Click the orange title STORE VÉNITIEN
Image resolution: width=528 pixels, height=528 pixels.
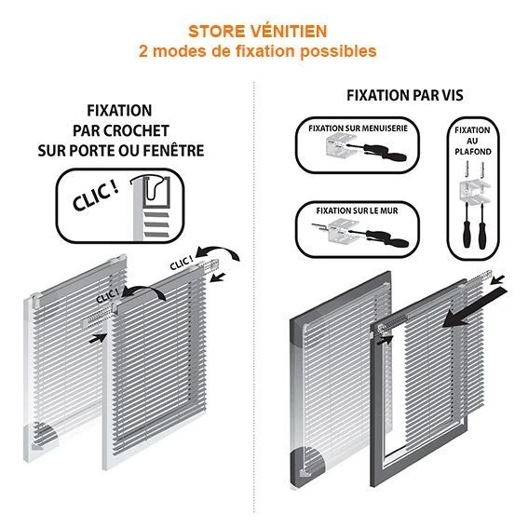point(258,31)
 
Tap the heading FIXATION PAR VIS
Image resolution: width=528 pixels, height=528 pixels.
point(405,95)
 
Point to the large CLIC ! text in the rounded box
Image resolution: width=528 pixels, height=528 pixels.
point(96,196)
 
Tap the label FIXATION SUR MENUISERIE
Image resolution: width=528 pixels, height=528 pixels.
point(358,129)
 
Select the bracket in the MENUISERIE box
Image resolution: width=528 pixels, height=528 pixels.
point(339,144)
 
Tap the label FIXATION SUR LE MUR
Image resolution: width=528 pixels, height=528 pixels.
point(357,210)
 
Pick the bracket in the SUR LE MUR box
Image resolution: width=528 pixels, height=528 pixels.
point(341,231)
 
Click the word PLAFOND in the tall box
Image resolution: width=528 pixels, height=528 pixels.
point(473,152)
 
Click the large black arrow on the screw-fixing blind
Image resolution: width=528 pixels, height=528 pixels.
point(475,306)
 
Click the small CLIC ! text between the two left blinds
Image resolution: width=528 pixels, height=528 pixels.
point(107,295)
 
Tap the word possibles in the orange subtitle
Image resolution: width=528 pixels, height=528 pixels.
point(338,51)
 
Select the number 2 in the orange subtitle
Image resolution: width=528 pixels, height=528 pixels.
point(143,51)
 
